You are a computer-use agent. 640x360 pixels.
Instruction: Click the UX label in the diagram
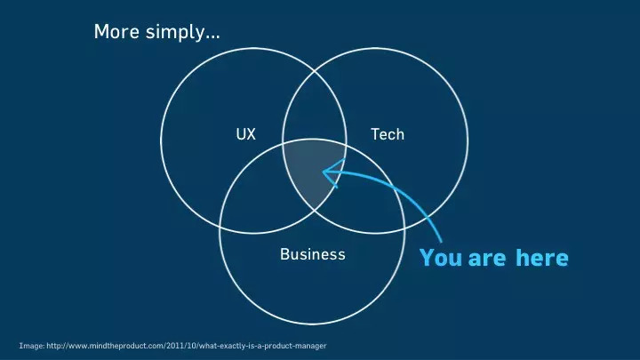pos(245,134)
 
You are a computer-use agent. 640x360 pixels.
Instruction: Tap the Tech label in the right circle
pos(388,134)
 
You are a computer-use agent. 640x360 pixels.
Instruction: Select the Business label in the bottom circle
pos(313,254)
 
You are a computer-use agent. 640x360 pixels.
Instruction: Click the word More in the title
pos(116,31)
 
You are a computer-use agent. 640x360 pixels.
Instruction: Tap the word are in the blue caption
pos(487,259)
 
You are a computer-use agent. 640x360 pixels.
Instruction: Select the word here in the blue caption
pos(542,258)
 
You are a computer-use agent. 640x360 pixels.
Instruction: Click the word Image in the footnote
pos(32,346)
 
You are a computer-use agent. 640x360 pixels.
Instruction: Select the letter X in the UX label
pos(251,134)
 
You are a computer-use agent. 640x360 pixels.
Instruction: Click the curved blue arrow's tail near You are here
pos(440,241)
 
